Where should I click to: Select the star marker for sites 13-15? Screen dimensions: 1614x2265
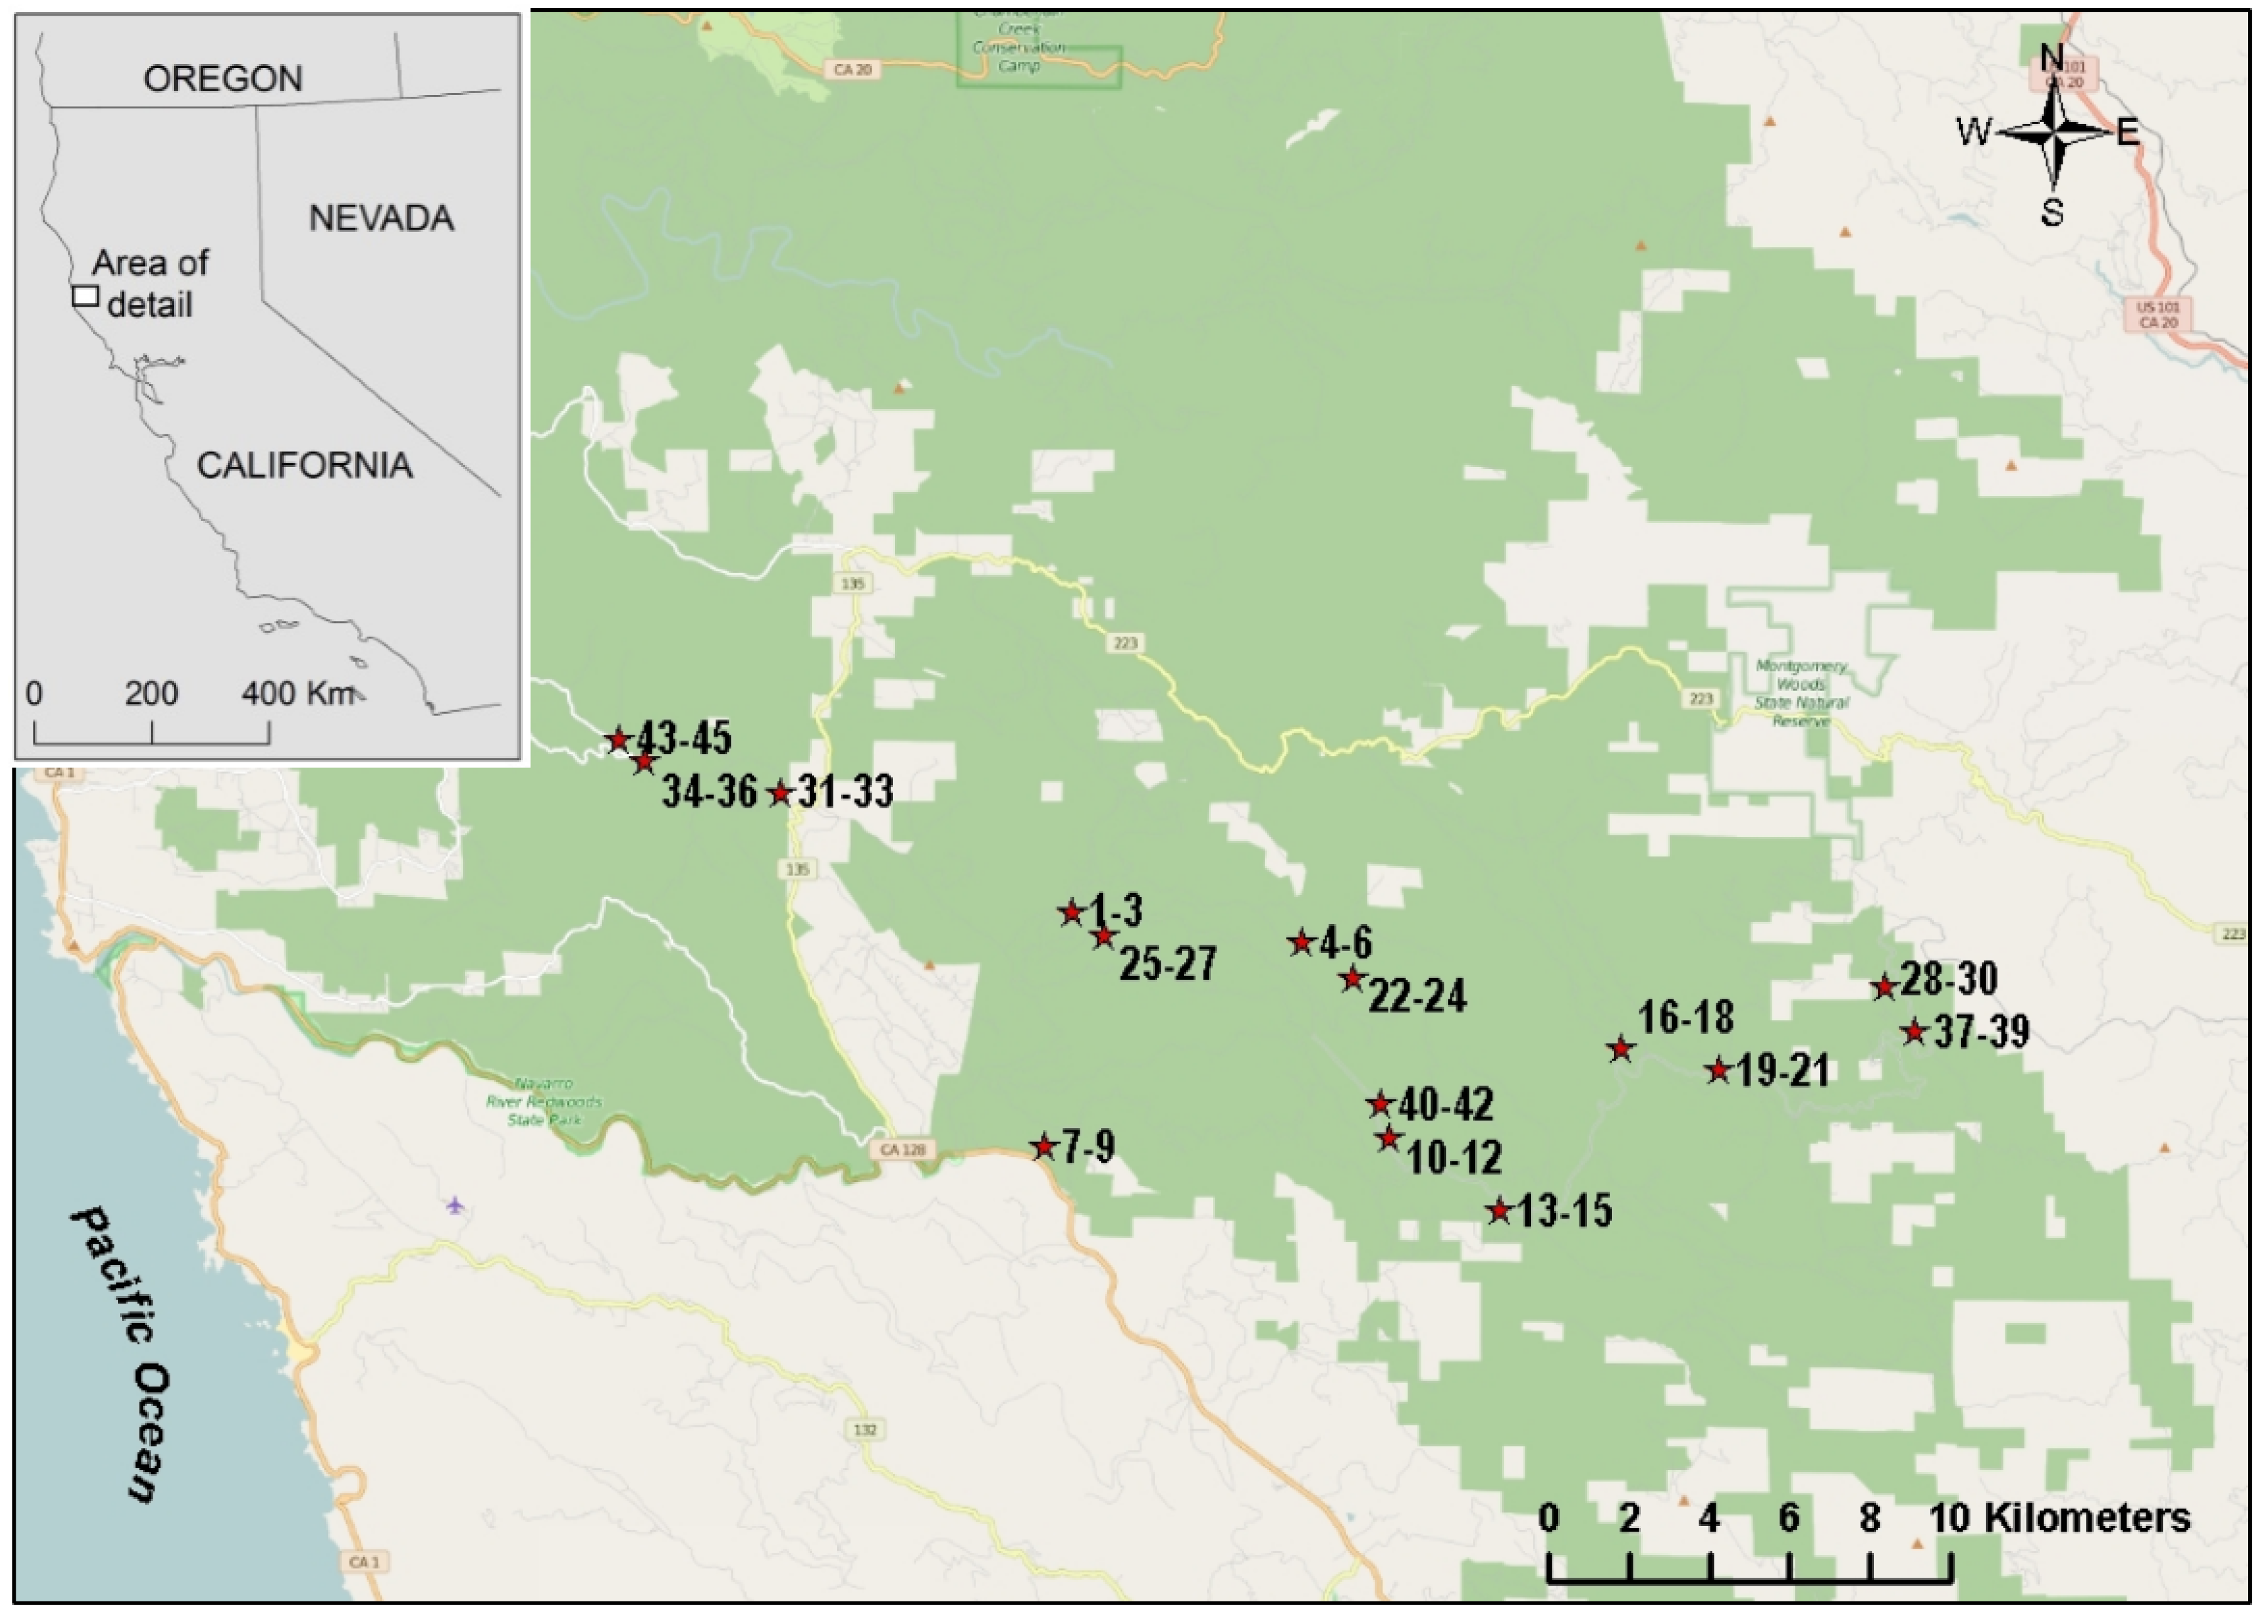(x=1499, y=1210)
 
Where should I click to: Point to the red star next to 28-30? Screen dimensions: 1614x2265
(x=1884, y=987)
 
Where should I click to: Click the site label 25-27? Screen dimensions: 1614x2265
(x=1168, y=964)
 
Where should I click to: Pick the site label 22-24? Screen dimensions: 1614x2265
(x=1417, y=996)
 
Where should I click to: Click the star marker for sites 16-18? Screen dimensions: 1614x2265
(x=1621, y=1048)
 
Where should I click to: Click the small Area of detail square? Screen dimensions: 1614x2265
(x=85, y=296)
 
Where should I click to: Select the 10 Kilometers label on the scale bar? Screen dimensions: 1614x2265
(x=2060, y=1518)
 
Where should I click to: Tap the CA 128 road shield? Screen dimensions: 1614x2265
(x=902, y=1150)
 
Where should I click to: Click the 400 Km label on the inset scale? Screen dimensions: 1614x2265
(x=296, y=693)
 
